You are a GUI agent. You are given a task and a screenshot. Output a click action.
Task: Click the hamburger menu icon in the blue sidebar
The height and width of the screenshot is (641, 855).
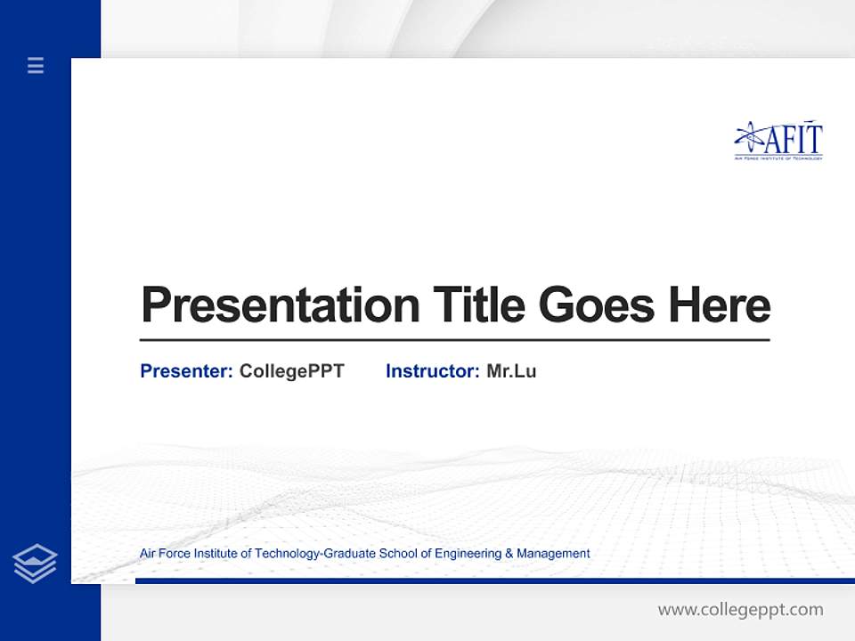[x=36, y=65]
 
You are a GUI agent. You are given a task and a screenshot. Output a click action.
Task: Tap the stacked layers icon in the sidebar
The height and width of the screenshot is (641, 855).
[x=35, y=564]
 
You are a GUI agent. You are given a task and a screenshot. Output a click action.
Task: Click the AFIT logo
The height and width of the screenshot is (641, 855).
[x=778, y=142]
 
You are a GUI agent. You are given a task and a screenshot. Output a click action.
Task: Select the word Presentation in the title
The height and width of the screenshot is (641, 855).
[x=280, y=305]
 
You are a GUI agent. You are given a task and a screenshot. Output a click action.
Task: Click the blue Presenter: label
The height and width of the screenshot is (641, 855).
[x=186, y=371]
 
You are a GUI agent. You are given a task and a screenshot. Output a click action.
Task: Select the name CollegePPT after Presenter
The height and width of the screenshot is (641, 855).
[x=291, y=371]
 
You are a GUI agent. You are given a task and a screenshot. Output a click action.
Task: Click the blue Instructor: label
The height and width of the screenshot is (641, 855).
[x=432, y=371]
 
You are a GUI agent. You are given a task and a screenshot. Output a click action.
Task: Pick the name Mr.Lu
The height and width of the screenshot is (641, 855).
[x=511, y=371]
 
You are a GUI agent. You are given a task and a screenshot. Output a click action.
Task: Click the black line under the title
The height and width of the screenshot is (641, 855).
[x=454, y=340]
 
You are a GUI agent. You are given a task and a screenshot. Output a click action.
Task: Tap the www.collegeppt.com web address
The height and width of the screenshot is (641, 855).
[x=740, y=610]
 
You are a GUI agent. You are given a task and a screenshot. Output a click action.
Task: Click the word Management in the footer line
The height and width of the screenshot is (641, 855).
[x=553, y=554]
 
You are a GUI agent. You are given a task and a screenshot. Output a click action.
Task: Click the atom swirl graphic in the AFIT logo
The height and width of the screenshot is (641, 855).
[x=750, y=137]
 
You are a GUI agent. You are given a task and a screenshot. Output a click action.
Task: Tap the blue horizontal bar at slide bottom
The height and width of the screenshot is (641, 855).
[x=494, y=580]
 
